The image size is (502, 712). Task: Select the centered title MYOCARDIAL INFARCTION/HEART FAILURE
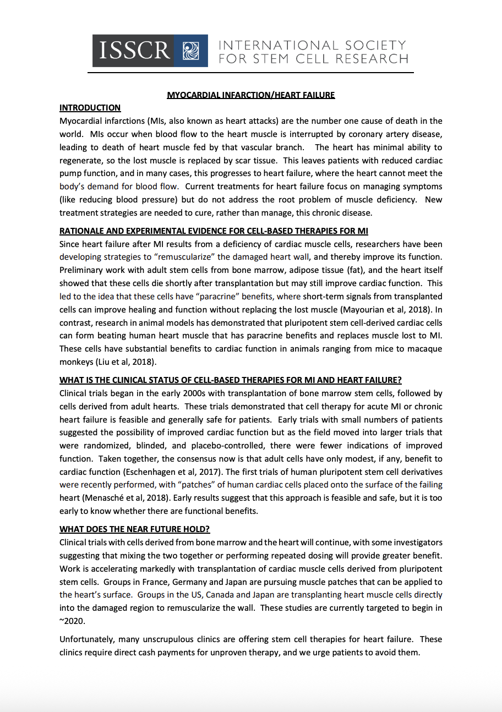251,95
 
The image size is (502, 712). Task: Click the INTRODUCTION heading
90,108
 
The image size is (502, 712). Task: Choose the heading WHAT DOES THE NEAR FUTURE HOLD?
134,530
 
